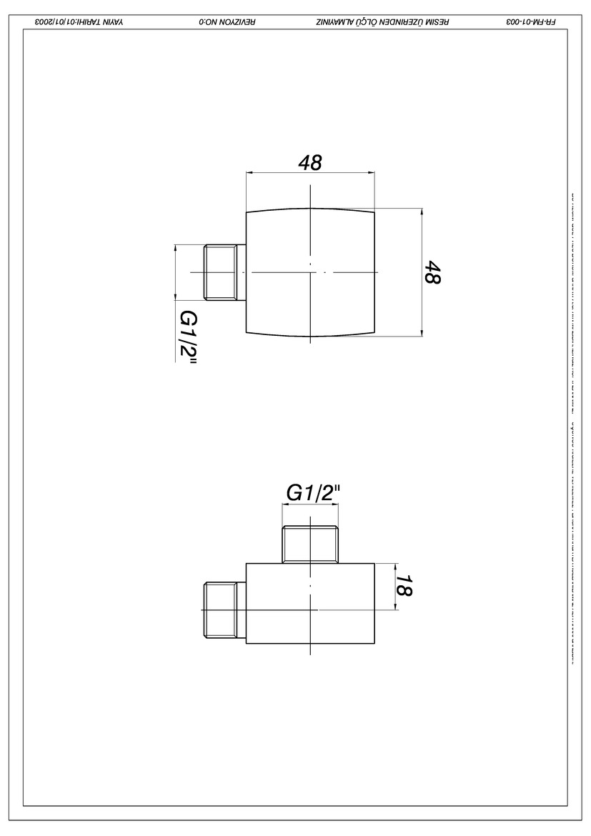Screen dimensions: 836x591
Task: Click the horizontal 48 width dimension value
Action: tap(310, 163)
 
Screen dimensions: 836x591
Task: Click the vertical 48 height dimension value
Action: tap(432, 272)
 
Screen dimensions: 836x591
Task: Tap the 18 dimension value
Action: tap(404, 586)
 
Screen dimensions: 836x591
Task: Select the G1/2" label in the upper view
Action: tap(188, 337)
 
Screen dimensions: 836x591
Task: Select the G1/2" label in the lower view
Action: tap(313, 492)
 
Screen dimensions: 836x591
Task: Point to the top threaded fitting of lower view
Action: tap(310, 544)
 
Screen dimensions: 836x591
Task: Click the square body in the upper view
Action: tap(311, 272)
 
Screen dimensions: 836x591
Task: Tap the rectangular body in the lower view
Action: tap(311, 603)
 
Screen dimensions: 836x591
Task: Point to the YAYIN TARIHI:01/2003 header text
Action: tap(79, 21)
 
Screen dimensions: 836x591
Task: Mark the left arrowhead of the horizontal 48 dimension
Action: tap(249, 172)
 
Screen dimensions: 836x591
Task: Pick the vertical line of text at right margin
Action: tap(572, 429)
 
